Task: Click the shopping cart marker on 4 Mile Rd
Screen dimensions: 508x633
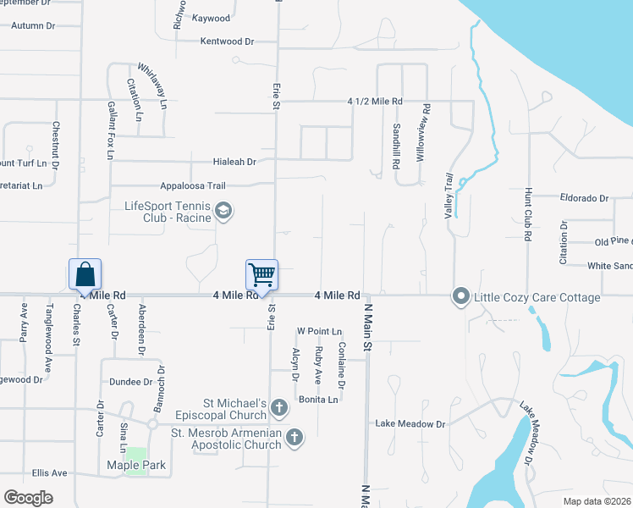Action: [261, 273]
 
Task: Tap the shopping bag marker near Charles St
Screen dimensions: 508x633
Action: [85, 273]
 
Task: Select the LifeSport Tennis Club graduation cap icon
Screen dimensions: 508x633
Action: [223, 211]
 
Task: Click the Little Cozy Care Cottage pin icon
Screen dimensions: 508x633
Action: [461, 296]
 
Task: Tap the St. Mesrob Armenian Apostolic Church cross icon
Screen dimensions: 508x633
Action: [294, 438]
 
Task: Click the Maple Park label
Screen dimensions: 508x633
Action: [136, 466]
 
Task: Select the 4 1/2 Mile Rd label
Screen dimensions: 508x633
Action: [375, 101]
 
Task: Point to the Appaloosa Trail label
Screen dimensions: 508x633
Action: [196, 185]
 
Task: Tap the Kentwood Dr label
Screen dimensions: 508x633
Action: [227, 41]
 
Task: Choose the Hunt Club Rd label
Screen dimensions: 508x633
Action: [526, 216]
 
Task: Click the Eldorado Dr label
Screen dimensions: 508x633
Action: [584, 198]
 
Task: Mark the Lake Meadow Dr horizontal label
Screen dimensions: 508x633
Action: [410, 423]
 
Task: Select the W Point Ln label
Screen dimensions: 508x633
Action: [318, 331]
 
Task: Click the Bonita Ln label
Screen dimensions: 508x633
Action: [318, 400]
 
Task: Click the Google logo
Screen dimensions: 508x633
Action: [28, 497]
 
